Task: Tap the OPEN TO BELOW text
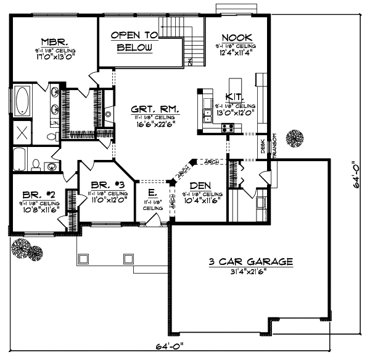(134, 41)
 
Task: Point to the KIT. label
(234, 98)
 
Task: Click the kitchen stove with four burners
(228, 128)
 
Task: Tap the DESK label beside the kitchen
(262, 147)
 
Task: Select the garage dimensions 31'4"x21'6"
(249, 272)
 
